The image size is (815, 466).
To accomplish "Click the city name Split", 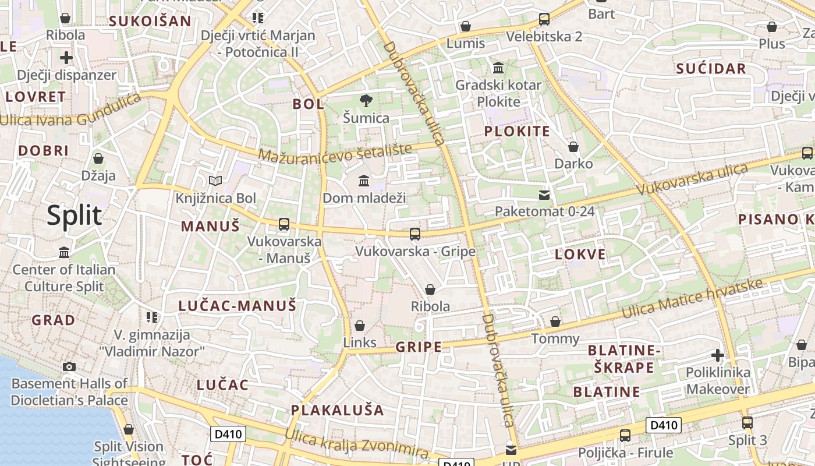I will click(75, 216).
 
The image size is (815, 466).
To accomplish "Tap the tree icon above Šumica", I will click(366, 101).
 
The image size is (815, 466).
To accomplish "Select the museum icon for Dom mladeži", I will click(364, 181).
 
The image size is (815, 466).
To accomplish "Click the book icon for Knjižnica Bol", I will click(215, 181).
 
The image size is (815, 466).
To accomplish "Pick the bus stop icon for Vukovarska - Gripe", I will click(415, 234).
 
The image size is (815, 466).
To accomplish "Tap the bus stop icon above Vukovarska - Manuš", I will click(284, 224).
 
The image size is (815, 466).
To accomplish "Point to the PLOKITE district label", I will click(517, 131).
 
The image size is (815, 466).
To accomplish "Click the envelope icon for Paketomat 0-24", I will click(544, 195).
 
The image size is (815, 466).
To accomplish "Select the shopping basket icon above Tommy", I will click(555, 322).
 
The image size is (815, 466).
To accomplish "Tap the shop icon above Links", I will click(360, 325).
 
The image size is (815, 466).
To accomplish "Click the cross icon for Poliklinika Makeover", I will click(718, 355).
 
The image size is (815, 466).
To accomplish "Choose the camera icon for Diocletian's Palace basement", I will click(69, 366).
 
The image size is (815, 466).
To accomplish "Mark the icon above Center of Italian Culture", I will click(64, 252).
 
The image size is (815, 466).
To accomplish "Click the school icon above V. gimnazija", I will click(152, 317).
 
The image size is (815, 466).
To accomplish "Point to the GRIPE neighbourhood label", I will click(419, 347).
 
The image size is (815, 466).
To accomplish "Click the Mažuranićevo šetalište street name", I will click(335, 153).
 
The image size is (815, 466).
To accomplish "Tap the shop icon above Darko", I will click(573, 147).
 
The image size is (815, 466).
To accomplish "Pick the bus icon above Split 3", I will click(747, 423).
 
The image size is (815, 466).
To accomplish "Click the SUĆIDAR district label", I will click(711, 69).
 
